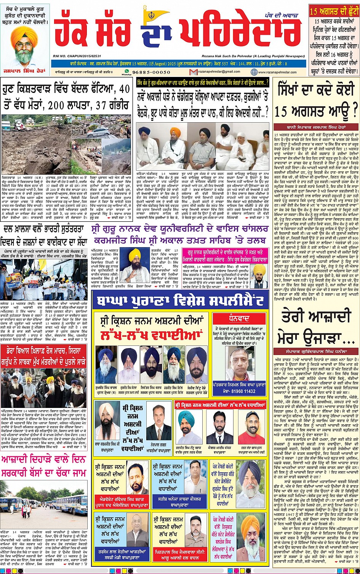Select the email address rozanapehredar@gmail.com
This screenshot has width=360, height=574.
pyautogui.click(x=222, y=72)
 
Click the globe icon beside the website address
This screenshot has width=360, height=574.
pyautogui.click(x=254, y=72)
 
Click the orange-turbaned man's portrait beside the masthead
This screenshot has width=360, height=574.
pyautogui.click(x=25, y=45)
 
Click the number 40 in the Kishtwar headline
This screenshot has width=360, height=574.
pyautogui.click(x=124, y=90)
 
